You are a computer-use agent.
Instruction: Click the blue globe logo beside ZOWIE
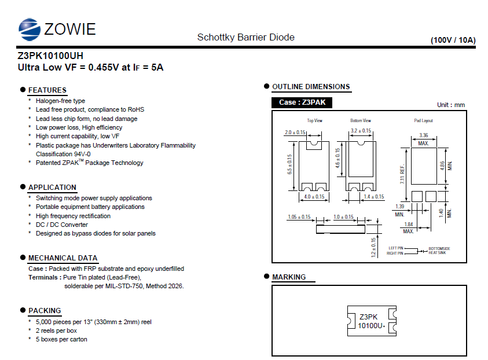click(30, 30)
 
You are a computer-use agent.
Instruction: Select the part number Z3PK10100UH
click(50, 56)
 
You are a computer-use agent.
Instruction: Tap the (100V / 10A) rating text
click(453, 40)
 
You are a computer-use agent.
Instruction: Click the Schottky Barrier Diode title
click(246, 38)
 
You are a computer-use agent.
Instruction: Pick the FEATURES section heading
click(47, 90)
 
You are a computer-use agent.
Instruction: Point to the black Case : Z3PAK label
click(302, 102)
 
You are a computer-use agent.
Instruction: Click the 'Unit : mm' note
click(451, 105)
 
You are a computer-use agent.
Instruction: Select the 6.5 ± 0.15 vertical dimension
click(290, 164)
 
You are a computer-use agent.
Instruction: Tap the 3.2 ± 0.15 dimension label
click(361, 131)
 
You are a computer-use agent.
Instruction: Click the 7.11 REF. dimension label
click(402, 174)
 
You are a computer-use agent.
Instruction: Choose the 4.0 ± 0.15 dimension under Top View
click(314, 197)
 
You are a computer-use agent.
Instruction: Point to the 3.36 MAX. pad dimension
click(424, 139)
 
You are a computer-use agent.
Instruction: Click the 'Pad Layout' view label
click(423, 120)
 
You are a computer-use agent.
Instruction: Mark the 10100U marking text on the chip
click(370, 326)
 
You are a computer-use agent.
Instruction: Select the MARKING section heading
click(289, 277)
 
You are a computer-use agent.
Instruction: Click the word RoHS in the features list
click(136, 109)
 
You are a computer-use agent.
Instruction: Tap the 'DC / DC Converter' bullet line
click(61, 225)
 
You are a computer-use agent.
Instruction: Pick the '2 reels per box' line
click(56, 330)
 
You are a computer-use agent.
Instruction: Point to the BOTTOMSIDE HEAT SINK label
click(439, 251)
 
